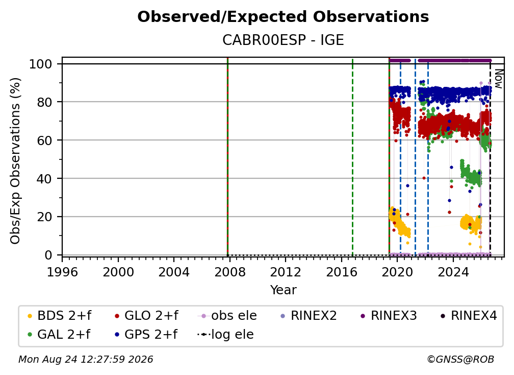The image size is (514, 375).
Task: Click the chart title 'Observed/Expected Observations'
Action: pyautogui.click(x=283, y=17)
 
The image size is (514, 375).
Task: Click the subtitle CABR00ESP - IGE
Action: pyautogui.click(x=283, y=40)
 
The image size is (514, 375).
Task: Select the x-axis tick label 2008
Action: pyautogui.click(x=230, y=272)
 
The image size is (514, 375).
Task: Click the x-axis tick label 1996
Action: pyautogui.click(x=62, y=272)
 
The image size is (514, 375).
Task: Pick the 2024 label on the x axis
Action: pyautogui.click(x=453, y=272)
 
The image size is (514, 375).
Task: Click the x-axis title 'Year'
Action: pyautogui.click(x=283, y=290)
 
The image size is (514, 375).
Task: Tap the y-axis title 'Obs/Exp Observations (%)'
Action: pyautogui.click(x=15, y=161)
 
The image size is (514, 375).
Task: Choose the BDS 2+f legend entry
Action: pyautogui.click(x=59, y=316)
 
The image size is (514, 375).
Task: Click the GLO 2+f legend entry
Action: pyautogui.click(x=146, y=316)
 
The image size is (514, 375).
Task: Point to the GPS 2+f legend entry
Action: pyautogui.click(x=146, y=334)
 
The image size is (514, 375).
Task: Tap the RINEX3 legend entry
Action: pyautogui.click(x=389, y=316)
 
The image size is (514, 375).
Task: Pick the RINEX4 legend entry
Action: pyautogui.click(x=469, y=316)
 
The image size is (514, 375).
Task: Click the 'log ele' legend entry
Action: pyautogui.click(x=225, y=334)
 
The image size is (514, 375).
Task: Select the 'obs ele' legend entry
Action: pyautogui.click(x=227, y=316)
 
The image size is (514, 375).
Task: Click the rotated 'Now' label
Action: pyautogui.click(x=498, y=79)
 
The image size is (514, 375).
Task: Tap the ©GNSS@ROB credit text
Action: pyautogui.click(x=460, y=360)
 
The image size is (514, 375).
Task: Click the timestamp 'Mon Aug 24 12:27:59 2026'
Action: pyautogui.click(x=86, y=360)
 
